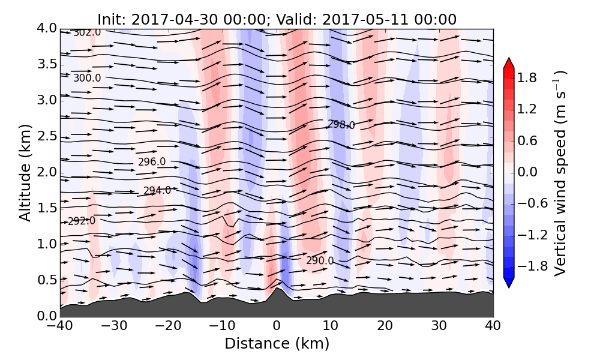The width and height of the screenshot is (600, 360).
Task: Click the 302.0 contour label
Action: point(87,32)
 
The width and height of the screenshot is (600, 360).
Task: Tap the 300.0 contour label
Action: point(87,78)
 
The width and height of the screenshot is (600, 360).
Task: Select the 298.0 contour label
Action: point(341,125)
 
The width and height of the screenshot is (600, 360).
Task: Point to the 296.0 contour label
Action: point(152,162)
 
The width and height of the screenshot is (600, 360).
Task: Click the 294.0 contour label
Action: point(157,191)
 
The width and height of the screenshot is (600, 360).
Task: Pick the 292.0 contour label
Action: point(82,221)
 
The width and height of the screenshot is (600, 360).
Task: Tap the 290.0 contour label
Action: point(320,261)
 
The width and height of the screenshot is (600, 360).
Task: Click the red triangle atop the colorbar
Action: point(509,63)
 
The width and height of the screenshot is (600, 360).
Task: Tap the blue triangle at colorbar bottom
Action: point(509,283)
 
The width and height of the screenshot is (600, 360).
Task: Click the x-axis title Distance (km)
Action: point(277,344)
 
